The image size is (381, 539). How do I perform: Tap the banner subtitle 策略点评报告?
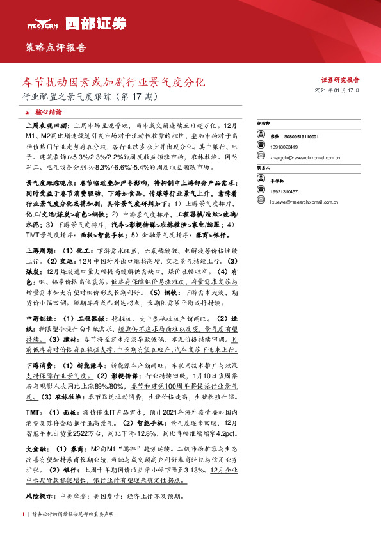pos(55,47)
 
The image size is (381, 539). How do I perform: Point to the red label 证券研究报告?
pos(340,80)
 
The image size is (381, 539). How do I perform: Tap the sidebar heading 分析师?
pos(263,122)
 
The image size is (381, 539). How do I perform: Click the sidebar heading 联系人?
pos(263,166)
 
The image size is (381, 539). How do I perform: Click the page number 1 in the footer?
pos(23,514)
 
